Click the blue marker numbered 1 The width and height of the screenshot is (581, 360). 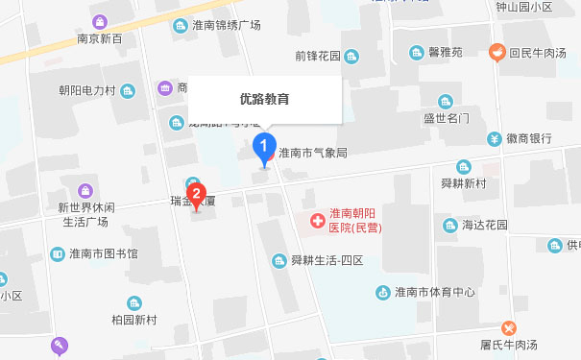(260, 147)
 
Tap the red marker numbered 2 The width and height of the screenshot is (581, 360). (197, 192)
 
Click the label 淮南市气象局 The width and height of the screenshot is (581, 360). (312, 153)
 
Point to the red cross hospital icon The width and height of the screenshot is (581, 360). (316, 222)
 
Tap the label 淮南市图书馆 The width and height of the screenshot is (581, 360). (104, 254)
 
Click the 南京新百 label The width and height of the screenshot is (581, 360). (100, 39)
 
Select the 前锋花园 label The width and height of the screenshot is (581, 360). (318, 57)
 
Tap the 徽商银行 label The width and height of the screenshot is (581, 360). (528, 139)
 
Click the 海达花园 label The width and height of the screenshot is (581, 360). (484, 225)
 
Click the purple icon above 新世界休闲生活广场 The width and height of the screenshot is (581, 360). (85, 191)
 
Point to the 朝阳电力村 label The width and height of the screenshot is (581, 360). (86, 91)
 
